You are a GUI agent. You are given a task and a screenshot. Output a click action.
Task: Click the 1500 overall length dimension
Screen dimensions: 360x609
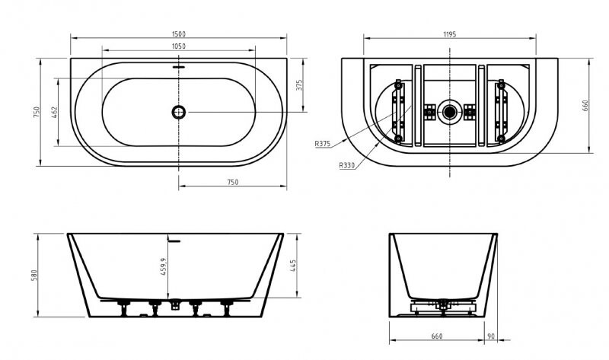coord(178,33)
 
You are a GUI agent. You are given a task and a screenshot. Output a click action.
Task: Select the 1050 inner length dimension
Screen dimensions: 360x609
coord(178,46)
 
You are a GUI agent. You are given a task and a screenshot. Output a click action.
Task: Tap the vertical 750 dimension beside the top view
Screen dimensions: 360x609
coord(35,112)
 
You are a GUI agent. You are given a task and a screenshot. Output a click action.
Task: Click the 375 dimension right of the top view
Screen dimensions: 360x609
coord(299,84)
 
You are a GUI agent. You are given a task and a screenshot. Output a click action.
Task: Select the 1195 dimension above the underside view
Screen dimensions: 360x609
coord(451,33)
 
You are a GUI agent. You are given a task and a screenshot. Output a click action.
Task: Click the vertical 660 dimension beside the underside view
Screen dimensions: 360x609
coord(586,105)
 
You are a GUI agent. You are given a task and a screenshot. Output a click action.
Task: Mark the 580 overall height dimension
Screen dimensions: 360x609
coord(35,275)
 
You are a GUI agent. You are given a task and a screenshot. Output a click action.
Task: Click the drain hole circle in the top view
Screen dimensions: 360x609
coord(178,112)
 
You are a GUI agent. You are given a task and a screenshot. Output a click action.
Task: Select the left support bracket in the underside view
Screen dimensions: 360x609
coord(397,112)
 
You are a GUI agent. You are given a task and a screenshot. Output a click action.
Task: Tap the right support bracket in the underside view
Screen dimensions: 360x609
coord(502,112)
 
